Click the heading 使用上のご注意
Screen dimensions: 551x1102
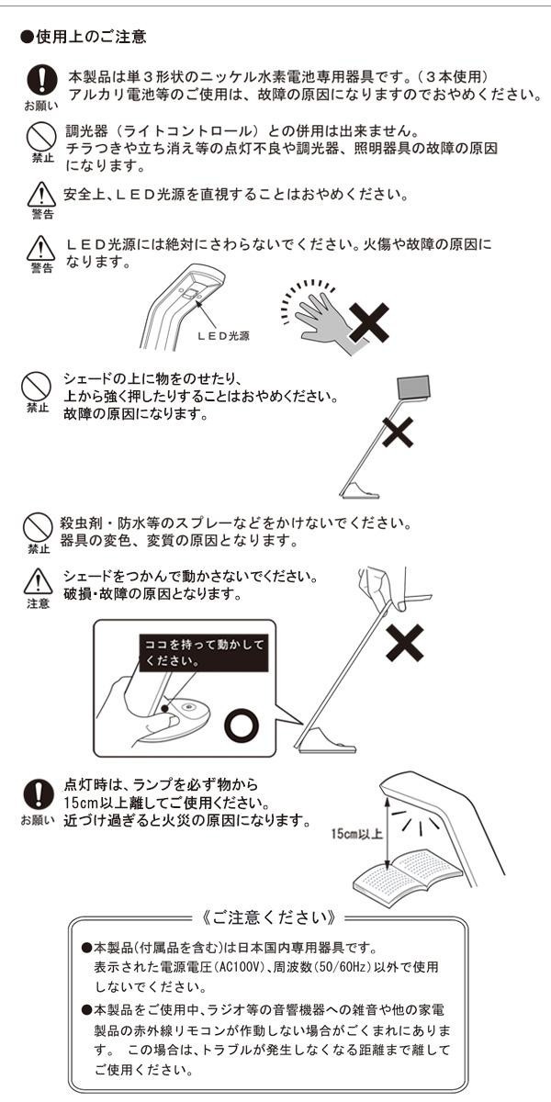[84, 37]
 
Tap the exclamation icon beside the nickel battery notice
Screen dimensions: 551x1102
[42, 81]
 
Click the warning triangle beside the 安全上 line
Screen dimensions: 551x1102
[41, 195]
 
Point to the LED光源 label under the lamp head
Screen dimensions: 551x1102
[223, 335]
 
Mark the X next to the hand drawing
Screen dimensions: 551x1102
[369, 323]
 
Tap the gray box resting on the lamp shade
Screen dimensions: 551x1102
[412, 387]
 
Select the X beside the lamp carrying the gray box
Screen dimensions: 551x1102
[398, 432]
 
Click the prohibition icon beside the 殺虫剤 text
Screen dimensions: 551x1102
[38, 527]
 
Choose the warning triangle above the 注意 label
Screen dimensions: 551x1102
[38, 581]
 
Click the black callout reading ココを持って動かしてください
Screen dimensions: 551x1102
[204, 653]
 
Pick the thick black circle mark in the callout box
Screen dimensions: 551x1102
[242, 725]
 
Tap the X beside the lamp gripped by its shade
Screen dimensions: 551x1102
[405, 643]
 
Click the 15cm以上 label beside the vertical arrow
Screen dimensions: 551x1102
[356, 834]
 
